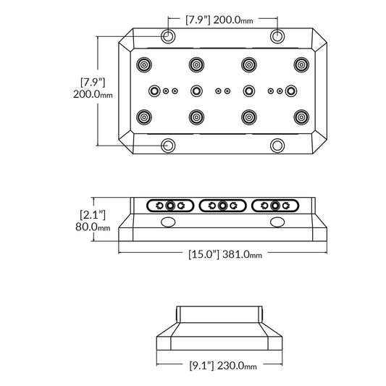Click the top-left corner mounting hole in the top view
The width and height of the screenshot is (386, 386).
pos(168,36)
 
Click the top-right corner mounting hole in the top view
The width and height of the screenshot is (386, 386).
pos(277,36)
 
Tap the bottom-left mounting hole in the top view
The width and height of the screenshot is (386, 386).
pos(168,145)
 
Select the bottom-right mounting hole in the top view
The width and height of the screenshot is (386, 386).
pos(277,145)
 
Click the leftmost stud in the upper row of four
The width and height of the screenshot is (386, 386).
pos(144,64)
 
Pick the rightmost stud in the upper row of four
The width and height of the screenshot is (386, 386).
pos(301,64)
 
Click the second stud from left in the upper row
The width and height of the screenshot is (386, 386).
pos(196,64)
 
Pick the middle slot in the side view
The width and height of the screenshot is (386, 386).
pos(222,205)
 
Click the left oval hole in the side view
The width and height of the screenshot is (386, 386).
pos(167,222)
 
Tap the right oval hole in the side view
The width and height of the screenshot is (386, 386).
pos(277,222)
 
